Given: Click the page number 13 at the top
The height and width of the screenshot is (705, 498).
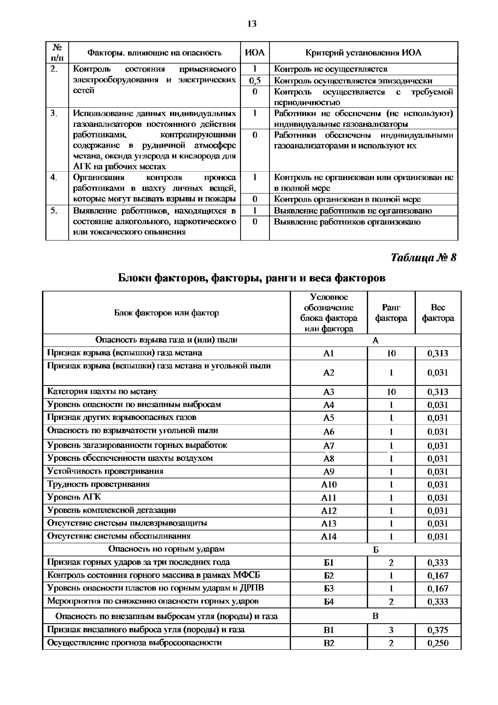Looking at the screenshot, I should tap(252, 24).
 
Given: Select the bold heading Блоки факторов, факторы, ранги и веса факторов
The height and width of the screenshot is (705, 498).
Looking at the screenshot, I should tap(252, 278).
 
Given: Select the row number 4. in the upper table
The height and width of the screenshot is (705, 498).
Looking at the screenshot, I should tap(54, 177).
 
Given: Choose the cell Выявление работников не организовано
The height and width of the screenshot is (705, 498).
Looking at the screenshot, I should tap(353, 211).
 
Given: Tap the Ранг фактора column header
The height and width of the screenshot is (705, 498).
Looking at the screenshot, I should tap(391, 313).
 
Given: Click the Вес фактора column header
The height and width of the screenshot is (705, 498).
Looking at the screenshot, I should tap(438, 313).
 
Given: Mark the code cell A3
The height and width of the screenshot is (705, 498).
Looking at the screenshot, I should tap(329, 392).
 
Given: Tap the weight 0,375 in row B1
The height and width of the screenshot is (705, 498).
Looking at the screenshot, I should tap(438, 630).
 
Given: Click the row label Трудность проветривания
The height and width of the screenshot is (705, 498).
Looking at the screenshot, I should tap(98, 484).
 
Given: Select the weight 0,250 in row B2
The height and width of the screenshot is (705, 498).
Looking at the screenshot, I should tap(438, 643).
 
